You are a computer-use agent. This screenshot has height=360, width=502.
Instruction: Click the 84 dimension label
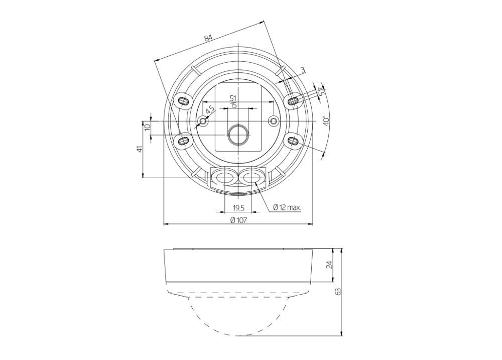pyautogui.click(x=208, y=38)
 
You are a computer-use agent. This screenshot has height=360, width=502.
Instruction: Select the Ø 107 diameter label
pyautogui.click(x=238, y=220)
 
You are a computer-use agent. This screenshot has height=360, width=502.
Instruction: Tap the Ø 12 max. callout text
pyautogui.click(x=287, y=207)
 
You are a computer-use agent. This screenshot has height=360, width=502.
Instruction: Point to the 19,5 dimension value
pyautogui.click(x=238, y=208)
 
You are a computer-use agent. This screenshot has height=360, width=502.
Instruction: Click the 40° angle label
pyautogui.click(x=326, y=121)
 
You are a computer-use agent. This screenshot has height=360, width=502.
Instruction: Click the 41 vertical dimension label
pyautogui.click(x=139, y=149)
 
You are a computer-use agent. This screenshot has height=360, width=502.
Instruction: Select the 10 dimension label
pyautogui.click(x=147, y=127)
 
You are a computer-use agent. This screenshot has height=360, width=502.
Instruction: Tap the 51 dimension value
pyautogui.click(x=233, y=98)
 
